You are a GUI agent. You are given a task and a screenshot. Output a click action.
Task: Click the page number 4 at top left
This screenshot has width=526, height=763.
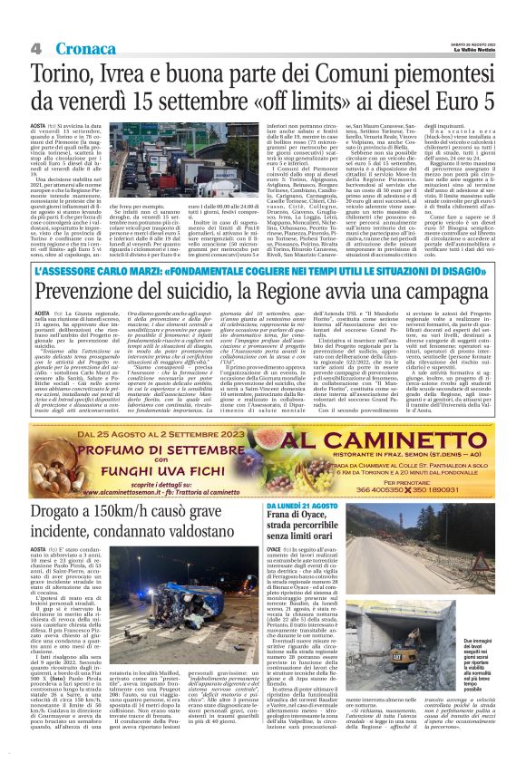click(x=35, y=48)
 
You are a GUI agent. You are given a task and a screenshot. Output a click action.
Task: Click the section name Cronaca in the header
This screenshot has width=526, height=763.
click(x=83, y=48)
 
